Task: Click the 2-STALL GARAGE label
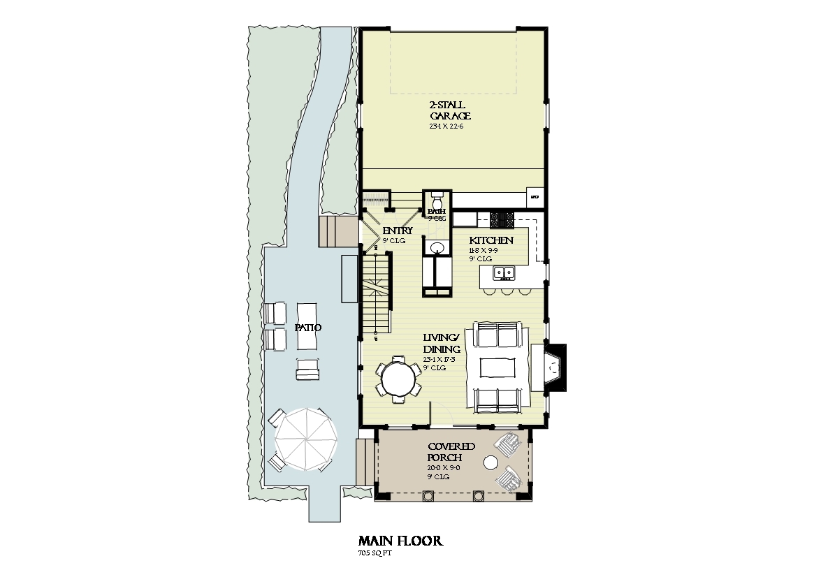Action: pos(450,110)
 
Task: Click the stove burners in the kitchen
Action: pos(500,220)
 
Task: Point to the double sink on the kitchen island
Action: pos(503,272)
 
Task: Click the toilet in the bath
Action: pos(437,197)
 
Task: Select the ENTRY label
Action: pos(397,231)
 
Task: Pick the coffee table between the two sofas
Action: pos(497,366)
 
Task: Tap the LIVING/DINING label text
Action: pos(442,344)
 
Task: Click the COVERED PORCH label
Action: pos(451,452)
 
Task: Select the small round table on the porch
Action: pos(491,462)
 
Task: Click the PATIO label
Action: pos(304,327)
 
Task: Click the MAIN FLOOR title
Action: pos(400,541)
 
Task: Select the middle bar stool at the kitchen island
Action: pos(506,290)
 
